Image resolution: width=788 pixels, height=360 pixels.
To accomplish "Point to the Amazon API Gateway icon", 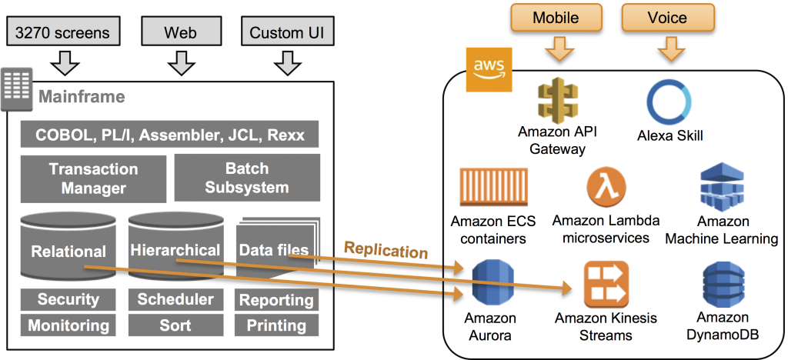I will point(557,100).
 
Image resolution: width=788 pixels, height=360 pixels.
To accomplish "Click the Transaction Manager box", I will point(93,178).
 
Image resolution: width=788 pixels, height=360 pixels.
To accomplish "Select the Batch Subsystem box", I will point(246,178).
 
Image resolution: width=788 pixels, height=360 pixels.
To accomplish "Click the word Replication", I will point(385,250).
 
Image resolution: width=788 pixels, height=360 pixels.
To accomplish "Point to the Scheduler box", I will point(175,299).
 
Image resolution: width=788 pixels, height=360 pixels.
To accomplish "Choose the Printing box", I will point(276,325).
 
